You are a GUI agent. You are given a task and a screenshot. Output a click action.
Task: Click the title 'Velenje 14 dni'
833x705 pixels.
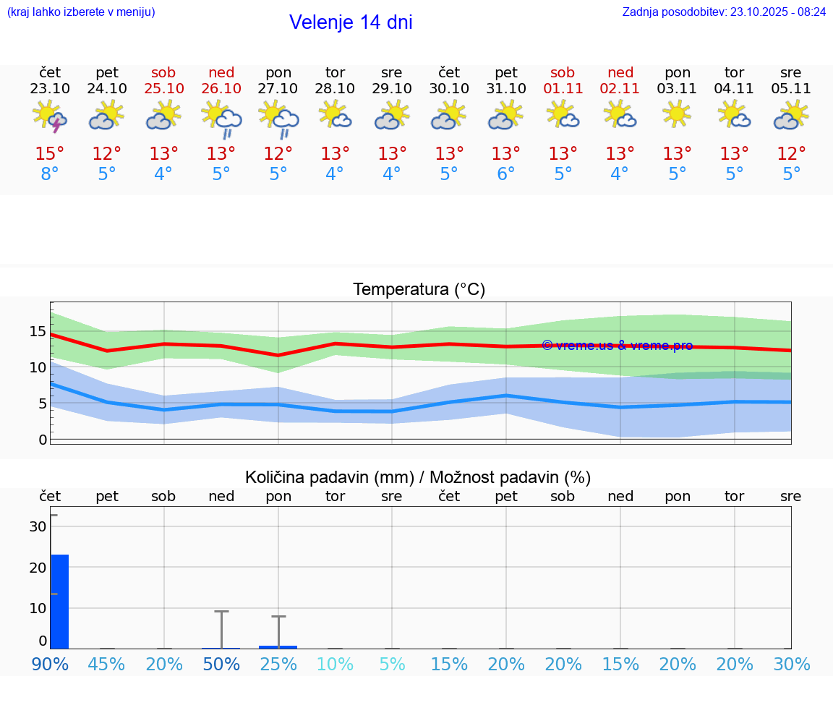coord(351,22)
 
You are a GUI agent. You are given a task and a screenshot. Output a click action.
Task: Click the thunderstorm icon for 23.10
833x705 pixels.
coord(50,116)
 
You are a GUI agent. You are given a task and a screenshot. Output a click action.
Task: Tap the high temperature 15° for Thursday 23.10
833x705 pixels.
coord(50,154)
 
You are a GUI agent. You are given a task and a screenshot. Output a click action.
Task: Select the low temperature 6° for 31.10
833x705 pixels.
coord(506,174)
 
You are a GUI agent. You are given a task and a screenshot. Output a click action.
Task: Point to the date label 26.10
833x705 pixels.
coord(221,88)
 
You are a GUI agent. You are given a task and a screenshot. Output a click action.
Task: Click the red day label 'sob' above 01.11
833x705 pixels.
coord(563,72)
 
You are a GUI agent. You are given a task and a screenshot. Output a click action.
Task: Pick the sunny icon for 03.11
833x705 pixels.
coord(678,114)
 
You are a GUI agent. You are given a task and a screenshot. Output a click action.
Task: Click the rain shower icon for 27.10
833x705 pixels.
coord(278,118)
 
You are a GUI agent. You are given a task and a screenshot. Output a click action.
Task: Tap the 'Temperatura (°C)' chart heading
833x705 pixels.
coord(419,290)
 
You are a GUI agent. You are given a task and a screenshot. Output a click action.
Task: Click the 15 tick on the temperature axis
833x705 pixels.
coord(38,332)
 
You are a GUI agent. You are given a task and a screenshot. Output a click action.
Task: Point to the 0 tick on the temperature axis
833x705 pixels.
coord(43,440)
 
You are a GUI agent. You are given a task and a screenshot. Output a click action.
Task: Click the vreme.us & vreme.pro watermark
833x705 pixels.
coord(617,346)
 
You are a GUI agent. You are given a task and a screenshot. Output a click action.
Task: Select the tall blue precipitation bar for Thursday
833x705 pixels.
coord(59,601)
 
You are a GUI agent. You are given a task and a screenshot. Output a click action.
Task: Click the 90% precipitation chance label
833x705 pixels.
coord(50,665)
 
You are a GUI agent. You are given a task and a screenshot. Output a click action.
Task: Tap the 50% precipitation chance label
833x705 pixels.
coord(221,665)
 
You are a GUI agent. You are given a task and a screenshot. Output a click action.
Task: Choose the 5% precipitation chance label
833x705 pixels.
coord(392,665)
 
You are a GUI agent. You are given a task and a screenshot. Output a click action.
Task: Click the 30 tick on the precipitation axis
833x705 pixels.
coord(38,526)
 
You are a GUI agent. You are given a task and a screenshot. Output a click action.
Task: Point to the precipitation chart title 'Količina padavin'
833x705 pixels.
coord(329,477)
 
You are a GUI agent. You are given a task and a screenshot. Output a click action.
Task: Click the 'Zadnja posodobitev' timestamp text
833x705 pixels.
coord(724,12)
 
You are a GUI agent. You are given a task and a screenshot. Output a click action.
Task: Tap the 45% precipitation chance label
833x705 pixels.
coord(107,665)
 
